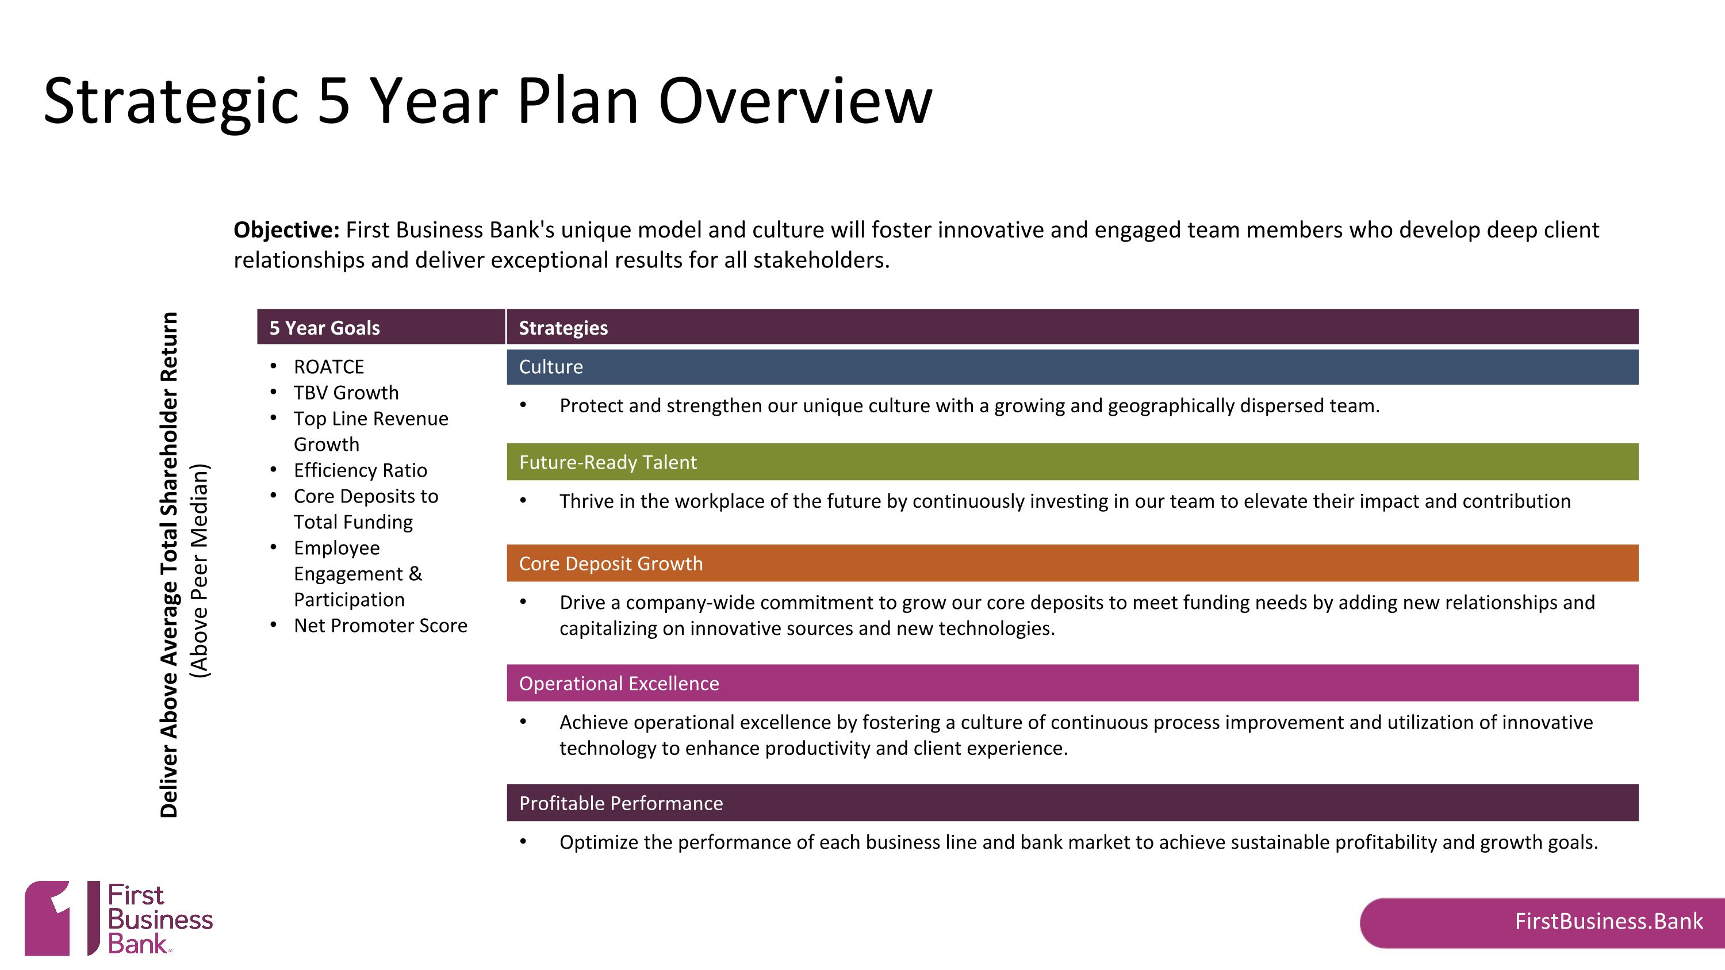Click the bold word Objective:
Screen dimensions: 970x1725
286,229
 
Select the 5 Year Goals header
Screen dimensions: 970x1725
324,328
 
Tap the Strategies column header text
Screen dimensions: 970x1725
563,328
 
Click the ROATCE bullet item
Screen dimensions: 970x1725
329,367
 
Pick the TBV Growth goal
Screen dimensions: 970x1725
346,393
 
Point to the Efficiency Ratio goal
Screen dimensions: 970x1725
361,470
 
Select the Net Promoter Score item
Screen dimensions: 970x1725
380,626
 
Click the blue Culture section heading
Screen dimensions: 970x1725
551,367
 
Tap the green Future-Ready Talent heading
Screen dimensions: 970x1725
608,462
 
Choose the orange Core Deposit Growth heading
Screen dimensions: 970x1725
611,563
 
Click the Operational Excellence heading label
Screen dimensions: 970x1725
619,684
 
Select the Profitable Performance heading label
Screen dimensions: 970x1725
621,803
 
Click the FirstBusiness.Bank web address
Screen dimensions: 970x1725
1608,922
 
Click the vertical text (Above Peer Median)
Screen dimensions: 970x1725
200,570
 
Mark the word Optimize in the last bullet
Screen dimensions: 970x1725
599,842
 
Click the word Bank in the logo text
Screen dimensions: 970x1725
137,945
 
